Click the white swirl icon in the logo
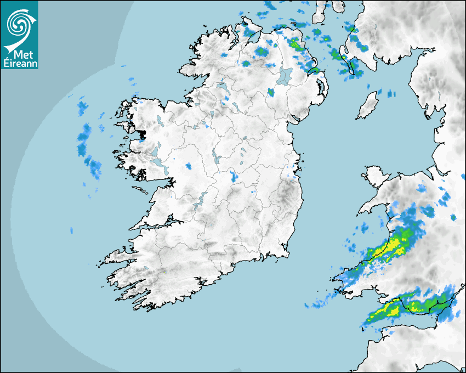(19, 24)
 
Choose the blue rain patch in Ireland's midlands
(234, 177)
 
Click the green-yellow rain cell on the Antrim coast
(295, 44)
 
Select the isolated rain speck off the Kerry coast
(71, 230)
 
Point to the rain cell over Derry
(262, 52)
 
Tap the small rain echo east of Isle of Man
(391, 94)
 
